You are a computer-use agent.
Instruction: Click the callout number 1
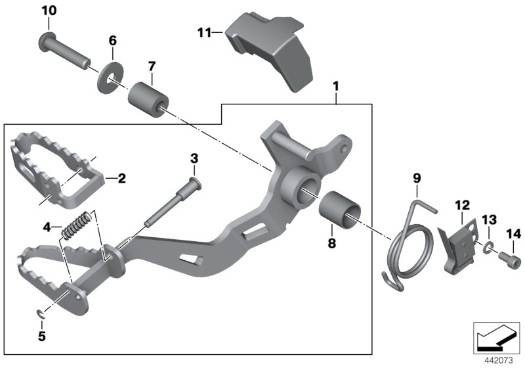tap(336, 86)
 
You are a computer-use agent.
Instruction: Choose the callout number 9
tap(416, 177)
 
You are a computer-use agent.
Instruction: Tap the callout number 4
tap(47, 227)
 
